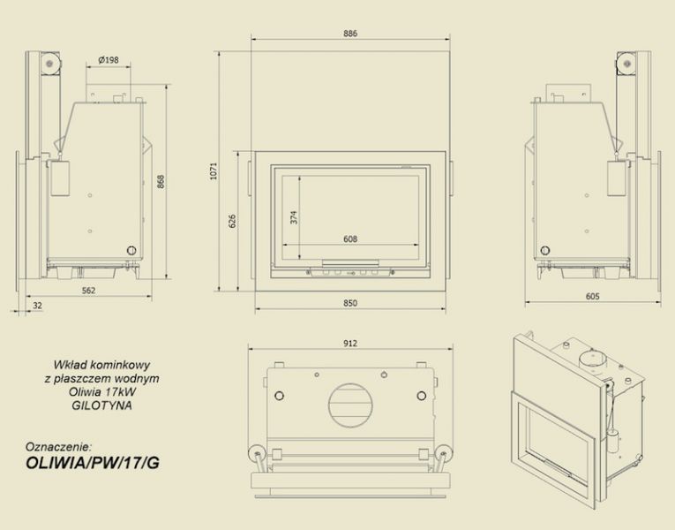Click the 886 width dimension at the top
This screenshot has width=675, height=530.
(350, 34)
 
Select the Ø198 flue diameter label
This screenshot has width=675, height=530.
(108, 60)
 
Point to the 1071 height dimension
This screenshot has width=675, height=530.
(214, 171)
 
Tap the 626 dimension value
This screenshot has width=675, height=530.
(232, 221)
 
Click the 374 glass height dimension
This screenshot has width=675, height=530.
(294, 217)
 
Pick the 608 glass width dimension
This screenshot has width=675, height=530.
(350, 238)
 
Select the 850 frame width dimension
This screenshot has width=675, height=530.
(350, 303)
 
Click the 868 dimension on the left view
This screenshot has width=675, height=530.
(161, 182)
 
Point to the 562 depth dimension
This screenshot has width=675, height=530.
(89, 291)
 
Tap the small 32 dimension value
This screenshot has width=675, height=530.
(37, 306)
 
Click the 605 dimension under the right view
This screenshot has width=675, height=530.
(593, 297)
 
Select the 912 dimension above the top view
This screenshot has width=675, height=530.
(350, 344)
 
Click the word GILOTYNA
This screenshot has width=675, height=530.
(102, 405)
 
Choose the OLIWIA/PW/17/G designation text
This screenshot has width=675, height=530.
(93, 462)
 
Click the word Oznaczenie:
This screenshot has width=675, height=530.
(59, 446)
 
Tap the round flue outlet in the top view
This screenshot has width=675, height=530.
(350, 405)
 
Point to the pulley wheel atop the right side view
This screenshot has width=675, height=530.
(626, 64)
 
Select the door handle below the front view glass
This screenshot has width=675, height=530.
(350, 263)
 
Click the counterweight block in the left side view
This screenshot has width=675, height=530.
(60, 178)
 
